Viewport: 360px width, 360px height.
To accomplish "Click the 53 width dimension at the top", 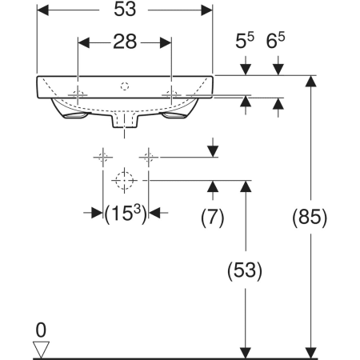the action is point(125,10).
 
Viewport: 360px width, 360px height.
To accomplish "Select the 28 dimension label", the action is point(125,42).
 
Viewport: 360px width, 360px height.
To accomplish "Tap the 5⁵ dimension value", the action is point(245,40).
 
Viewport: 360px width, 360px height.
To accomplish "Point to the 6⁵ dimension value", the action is point(275,40).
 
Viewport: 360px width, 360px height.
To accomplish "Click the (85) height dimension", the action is point(310,218).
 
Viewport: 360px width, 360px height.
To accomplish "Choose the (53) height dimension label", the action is point(245,270).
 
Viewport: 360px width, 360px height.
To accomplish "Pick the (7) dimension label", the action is point(212,218).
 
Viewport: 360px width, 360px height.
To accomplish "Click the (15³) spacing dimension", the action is point(126,214).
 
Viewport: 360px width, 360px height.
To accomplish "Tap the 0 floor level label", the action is point(41,330).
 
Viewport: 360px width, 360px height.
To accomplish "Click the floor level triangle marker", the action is point(41,346).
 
